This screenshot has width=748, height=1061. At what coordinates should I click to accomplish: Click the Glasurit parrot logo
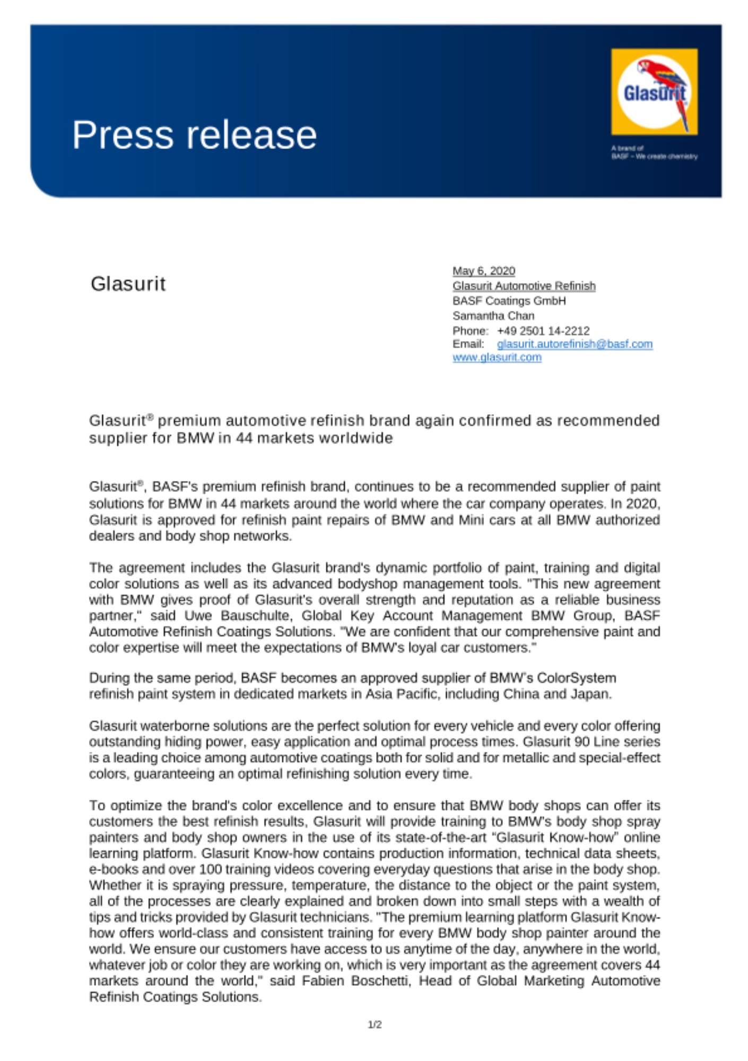click(654, 92)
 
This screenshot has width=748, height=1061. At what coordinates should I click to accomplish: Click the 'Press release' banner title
click(194, 135)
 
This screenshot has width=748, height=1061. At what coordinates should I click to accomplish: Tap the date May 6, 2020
click(483, 271)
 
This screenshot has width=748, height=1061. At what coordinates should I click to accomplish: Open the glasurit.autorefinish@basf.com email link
click(574, 344)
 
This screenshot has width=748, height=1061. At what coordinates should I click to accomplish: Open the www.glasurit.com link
click(497, 357)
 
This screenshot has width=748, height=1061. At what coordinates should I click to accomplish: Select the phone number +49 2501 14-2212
click(543, 331)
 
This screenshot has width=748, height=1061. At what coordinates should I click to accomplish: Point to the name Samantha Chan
click(493, 316)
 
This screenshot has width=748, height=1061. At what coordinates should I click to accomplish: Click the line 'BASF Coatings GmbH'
click(509, 301)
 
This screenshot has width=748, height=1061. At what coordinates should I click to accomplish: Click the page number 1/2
click(375, 1024)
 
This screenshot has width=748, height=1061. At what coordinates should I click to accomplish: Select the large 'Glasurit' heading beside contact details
click(128, 284)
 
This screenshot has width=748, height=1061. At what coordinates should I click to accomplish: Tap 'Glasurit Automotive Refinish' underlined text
click(524, 286)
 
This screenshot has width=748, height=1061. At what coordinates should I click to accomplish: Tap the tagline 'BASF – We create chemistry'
click(654, 156)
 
